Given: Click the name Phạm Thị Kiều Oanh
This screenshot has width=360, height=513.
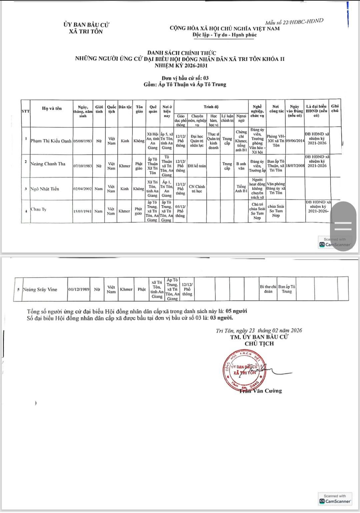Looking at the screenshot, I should click(x=51, y=141).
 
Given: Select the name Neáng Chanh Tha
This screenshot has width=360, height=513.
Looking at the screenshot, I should click(x=48, y=164).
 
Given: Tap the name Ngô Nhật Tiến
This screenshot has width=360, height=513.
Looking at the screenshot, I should click(x=45, y=189).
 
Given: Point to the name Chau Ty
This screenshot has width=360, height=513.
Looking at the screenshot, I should click(x=38, y=209).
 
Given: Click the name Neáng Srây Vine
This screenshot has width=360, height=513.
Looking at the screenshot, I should click(x=40, y=290).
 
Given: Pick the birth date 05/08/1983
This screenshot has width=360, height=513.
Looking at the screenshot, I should click(x=83, y=141).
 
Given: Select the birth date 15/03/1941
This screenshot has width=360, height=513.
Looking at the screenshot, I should click(x=83, y=211).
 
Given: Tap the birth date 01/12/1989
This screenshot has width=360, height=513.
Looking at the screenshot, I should click(x=79, y=290).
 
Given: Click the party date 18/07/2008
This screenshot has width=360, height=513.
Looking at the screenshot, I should click(x=295, y=166).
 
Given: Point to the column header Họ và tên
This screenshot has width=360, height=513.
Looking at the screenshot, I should click(x=52, y=108).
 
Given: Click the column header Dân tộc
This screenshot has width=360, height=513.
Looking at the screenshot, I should click(x=125, y=107).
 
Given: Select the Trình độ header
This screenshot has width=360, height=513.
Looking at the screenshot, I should click(x=211, y=107).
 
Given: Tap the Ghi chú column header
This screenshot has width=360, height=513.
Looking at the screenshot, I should click(x=335, y=108).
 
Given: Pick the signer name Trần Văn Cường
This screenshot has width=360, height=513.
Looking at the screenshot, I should click(x=261, y=391).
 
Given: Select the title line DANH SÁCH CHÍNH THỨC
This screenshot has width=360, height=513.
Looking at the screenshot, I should click(x=182, y=53).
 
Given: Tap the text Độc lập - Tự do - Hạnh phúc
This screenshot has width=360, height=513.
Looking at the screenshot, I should click(x=225, y=35).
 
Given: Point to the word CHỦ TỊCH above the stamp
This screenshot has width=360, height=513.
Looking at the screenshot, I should click(x=259, y=344).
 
